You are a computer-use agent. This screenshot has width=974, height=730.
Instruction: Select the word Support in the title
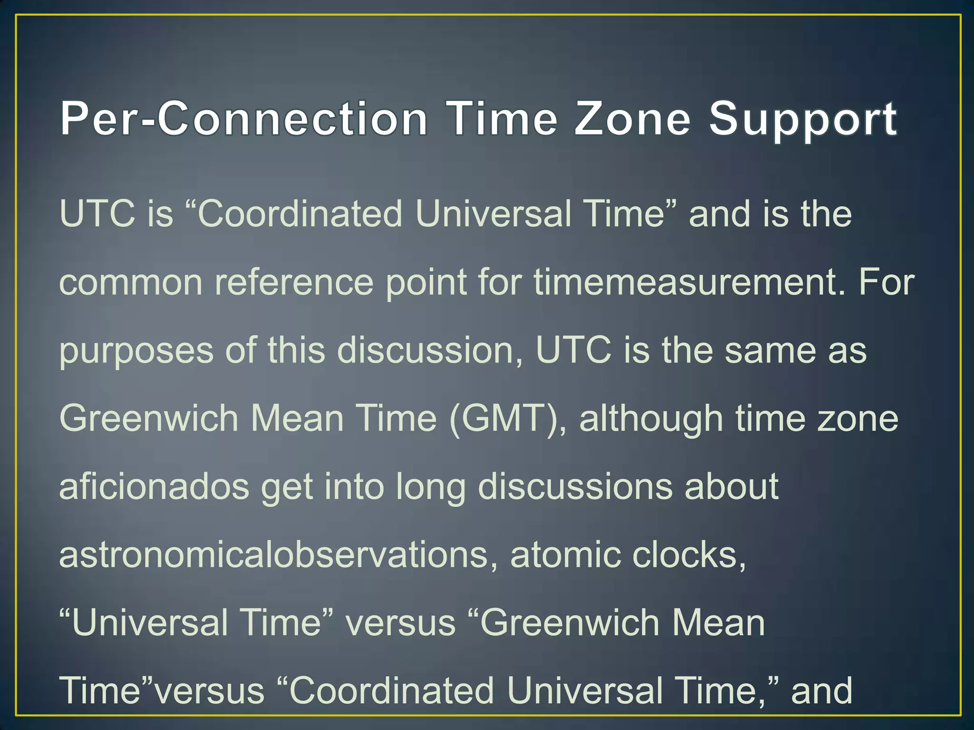point(803,120)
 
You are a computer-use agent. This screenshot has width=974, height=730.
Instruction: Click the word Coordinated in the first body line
point(300,214)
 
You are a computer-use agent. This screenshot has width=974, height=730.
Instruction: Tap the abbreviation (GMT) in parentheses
point(507,419)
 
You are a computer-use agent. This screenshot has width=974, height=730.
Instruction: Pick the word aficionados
point(154,487)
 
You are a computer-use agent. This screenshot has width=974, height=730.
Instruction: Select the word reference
point(294,282)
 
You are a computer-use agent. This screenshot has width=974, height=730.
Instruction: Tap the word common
point(130,282)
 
